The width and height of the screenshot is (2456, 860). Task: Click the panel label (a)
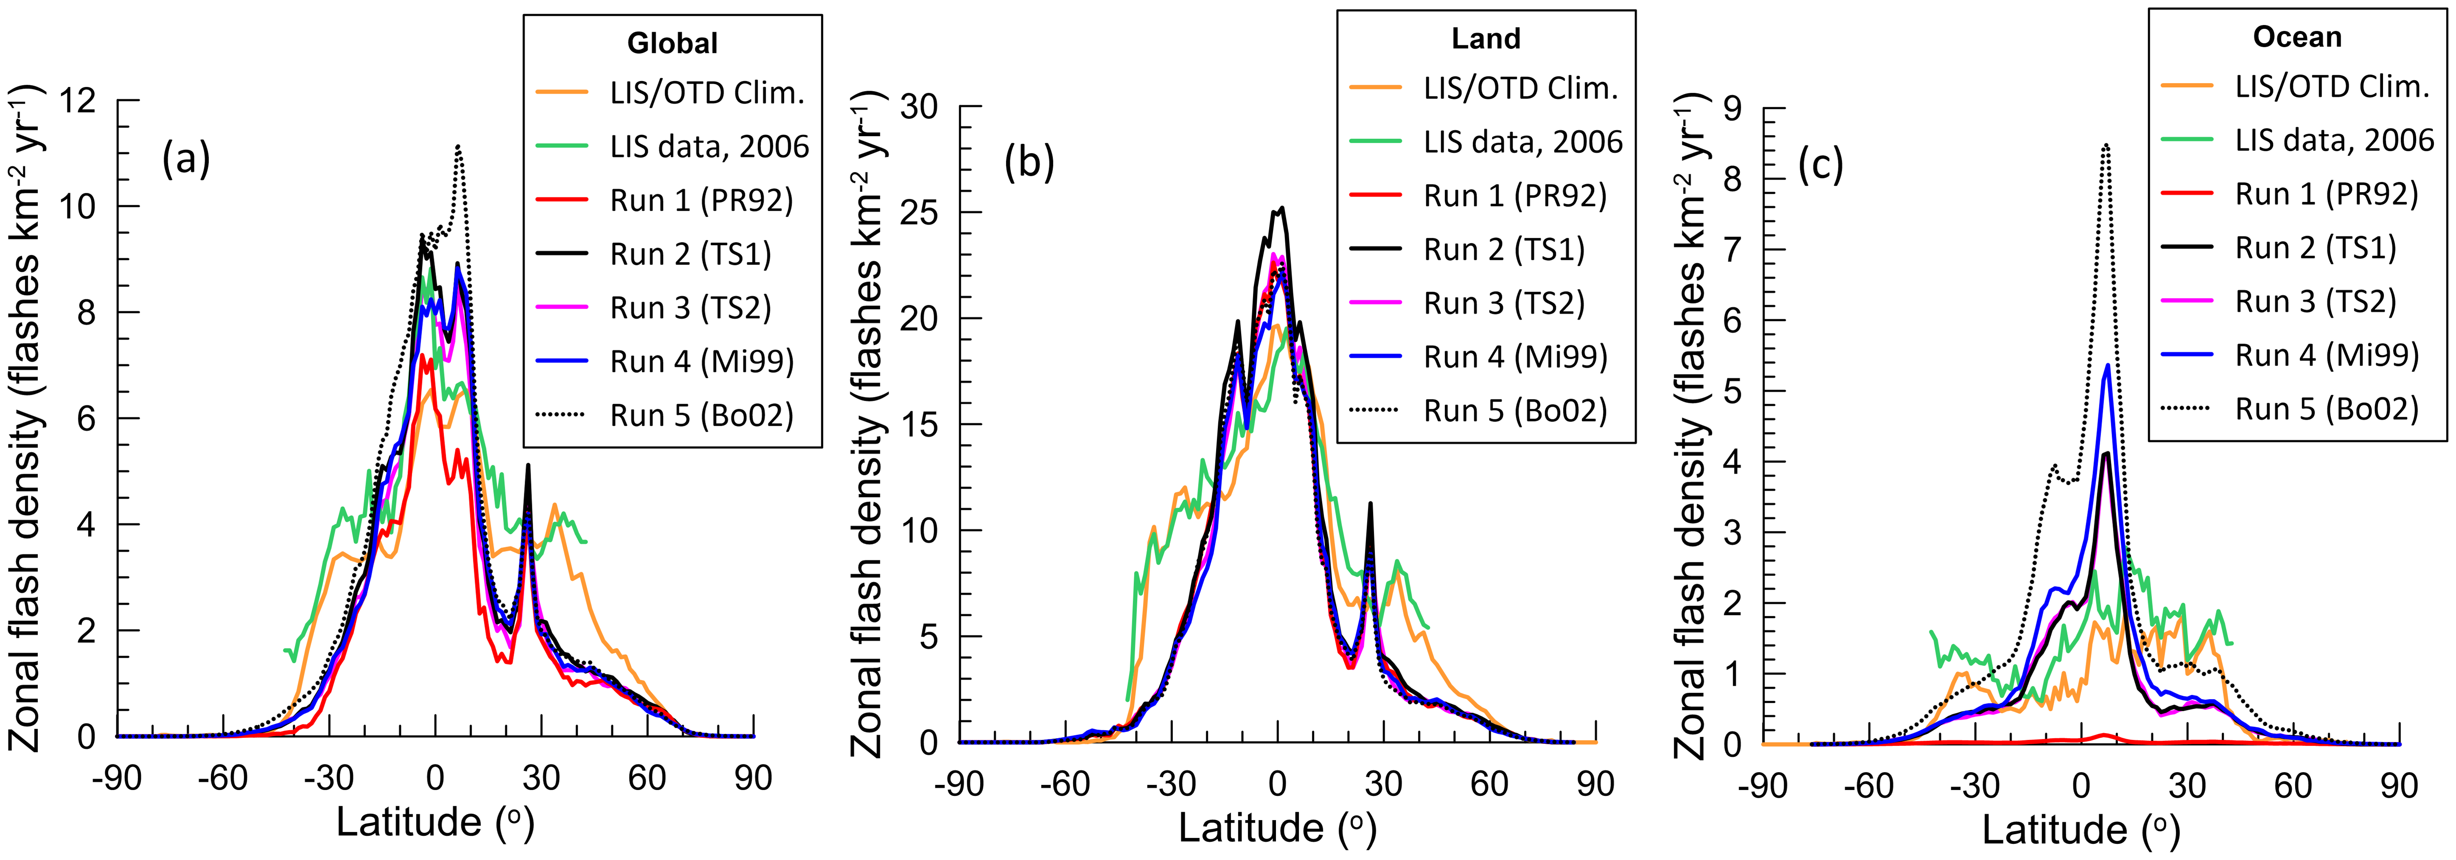click(x=186, y=158)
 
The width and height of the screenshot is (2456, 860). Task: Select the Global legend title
click(x=672, y=43)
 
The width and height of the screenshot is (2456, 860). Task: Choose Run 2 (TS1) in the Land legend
click(x=1504, y=250)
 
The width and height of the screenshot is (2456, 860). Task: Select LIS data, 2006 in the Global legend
click(x=708, y=147)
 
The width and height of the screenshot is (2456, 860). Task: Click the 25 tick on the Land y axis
click(x=919, y=212)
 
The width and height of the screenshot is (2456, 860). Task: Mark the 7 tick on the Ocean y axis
click(x=1732, y=250)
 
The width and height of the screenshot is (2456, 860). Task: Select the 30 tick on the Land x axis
click(x=1383, y=784)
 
